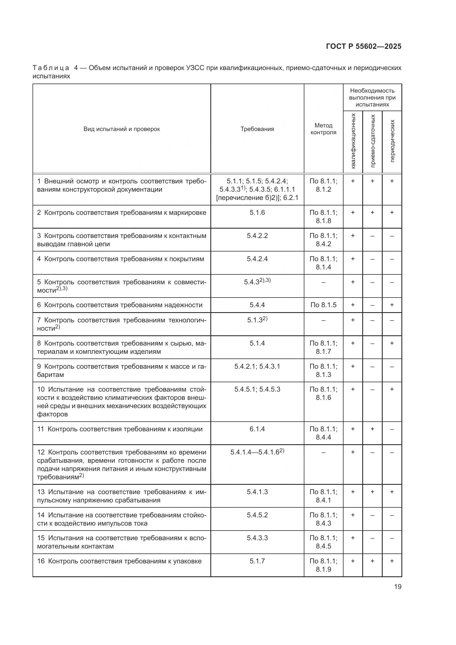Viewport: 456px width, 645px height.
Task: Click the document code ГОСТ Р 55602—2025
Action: [364, 46]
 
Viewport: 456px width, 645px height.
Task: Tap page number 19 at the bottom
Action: [398, 587]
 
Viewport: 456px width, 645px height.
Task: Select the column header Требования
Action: [257, 129]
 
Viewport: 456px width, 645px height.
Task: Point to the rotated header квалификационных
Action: [353, 141]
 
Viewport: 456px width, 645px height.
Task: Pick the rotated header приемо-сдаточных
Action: [373, 141]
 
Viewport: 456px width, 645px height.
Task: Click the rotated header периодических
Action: [392, 141]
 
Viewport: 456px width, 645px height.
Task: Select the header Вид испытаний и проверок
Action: [122, 129]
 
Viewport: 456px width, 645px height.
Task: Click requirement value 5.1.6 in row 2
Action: [257, 213]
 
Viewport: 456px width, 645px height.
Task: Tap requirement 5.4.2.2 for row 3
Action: [257, 236]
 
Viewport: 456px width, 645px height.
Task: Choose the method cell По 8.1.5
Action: [323, 305]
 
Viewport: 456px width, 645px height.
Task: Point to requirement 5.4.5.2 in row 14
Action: [257, 515]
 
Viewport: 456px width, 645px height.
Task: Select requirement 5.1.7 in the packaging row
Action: [257, 561]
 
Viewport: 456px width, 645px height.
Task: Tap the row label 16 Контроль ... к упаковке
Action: [119, 561]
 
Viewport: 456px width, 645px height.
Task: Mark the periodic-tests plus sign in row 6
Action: [392, 305]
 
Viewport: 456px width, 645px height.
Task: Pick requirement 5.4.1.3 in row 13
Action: [257, 492]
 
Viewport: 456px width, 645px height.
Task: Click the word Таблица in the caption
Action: [51, 68]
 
